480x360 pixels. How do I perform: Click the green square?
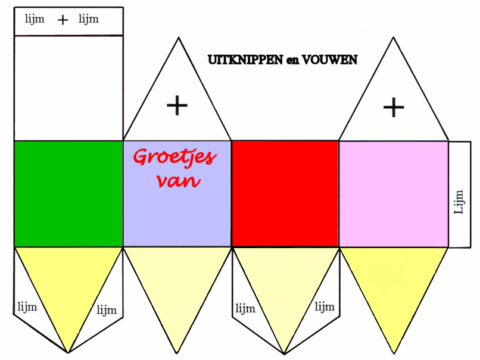68,193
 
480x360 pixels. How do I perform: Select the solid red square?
285,193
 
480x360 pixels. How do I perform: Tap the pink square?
393,193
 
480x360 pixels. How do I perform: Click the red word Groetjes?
174,157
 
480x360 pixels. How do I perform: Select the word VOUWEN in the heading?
331,60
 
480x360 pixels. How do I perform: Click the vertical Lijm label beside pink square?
459,202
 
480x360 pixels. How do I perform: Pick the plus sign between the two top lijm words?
63,20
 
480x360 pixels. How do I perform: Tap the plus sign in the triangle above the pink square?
393,108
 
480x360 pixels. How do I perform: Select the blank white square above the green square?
68,87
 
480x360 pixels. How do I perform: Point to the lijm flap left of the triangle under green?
27,307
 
